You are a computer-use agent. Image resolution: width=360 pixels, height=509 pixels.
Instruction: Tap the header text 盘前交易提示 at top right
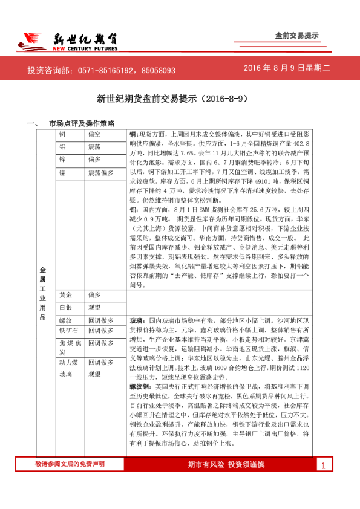click(x=296, y=36)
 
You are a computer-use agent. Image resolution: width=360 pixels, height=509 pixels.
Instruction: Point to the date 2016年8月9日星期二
click(x=287, y=68)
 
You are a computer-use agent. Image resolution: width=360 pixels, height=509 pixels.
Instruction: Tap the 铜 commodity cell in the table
click(x=62, y=134)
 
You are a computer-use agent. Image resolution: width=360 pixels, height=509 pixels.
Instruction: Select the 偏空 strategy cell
click(x=95, y=134)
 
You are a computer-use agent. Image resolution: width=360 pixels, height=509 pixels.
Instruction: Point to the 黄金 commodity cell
click(x=66, y=294)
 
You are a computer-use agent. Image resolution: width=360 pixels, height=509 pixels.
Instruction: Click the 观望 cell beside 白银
click(x=95, y=307)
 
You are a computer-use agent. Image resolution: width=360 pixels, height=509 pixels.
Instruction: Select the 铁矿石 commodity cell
click(x=68, y=331)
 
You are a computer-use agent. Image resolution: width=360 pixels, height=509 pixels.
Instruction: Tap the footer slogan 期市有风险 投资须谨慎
click(x=226, y=481)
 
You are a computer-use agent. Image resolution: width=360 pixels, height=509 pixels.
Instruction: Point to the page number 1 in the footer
click(x=323, y=482)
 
